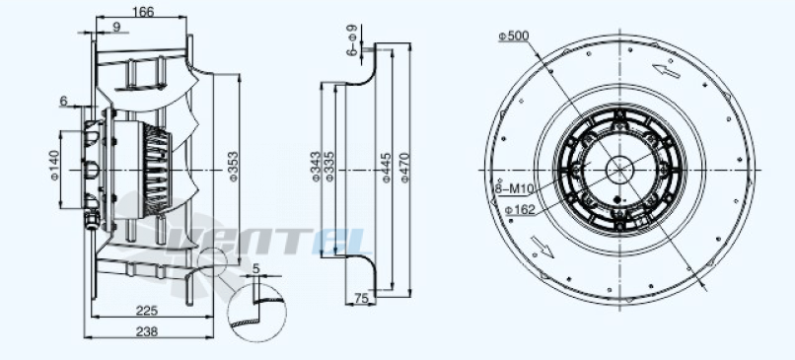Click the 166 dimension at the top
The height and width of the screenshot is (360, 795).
(x=143, y=11)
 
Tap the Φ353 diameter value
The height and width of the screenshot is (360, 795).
(x=234, y=167)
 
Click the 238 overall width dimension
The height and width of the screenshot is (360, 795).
(x=148, y=331)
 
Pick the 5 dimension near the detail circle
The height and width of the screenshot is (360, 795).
(x=255, y=268)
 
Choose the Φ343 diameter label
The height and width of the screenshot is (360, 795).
(x=315, y=168)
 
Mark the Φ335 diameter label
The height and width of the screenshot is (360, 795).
(x=328, y=168)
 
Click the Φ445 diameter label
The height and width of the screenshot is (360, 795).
(x=386, y=168)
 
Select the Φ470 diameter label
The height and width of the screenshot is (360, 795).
(x=404, y=168)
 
